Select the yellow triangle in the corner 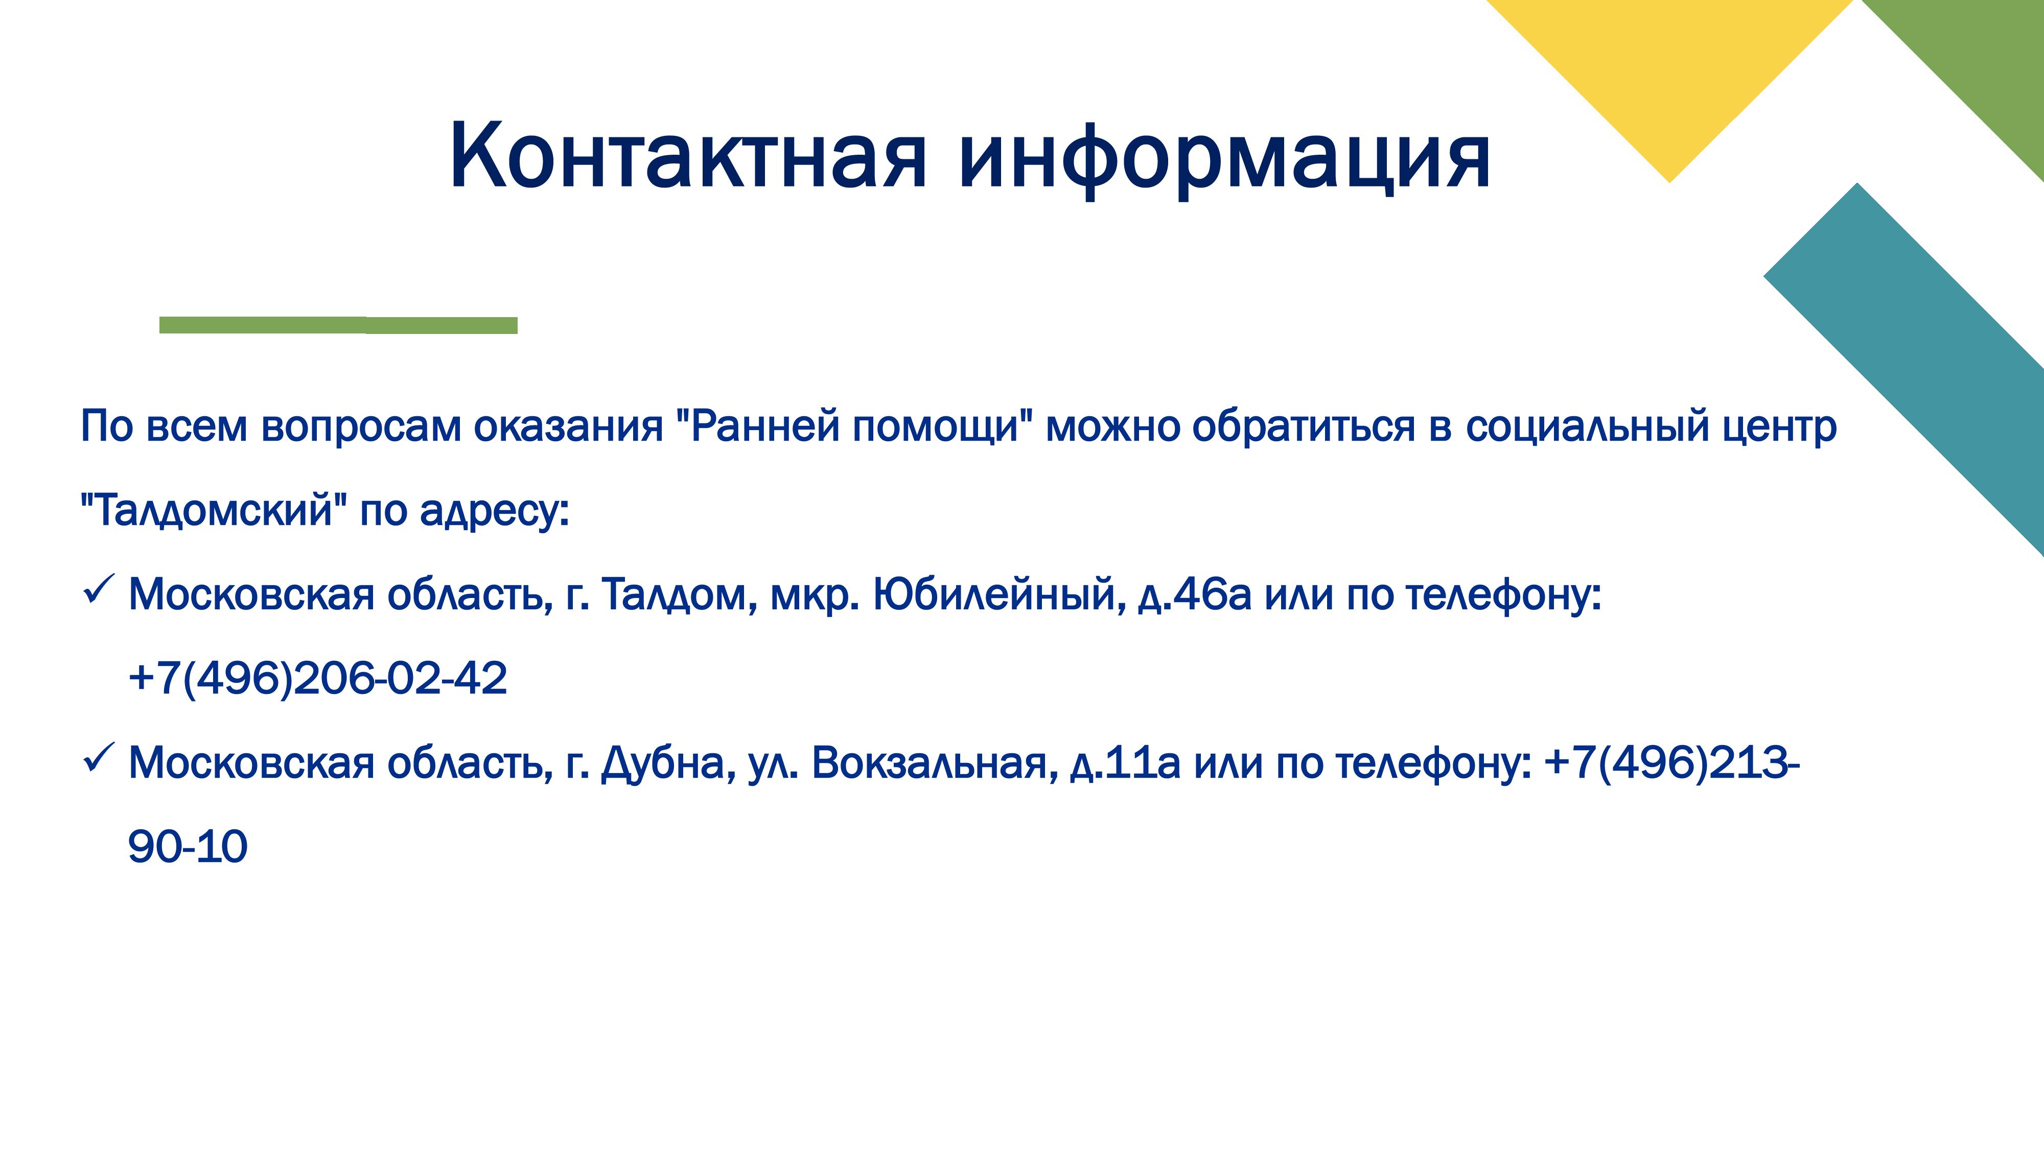[x=1669, y=71]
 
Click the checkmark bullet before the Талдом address [x=99, y=591]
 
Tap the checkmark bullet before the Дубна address [x=99, y=760]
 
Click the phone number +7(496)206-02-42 [x=317, y=679]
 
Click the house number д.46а [x=1194, y=595]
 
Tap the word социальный [x=1587, y=426]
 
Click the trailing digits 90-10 [x=187, y=847]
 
